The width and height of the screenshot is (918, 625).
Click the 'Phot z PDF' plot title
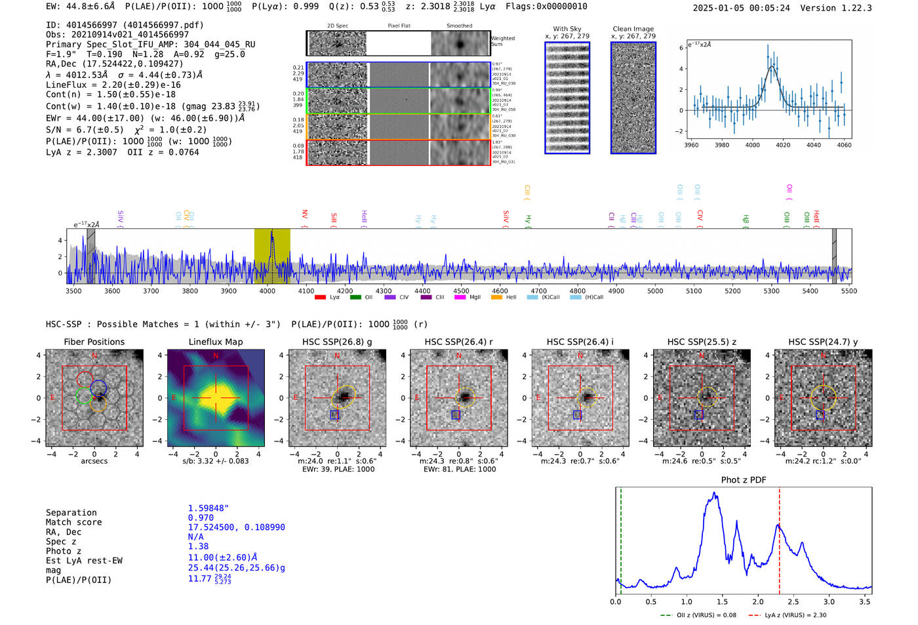point(744,479)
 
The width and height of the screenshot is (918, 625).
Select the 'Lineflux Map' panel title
point(216,342)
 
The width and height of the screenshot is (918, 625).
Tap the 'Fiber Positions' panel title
point(94,342)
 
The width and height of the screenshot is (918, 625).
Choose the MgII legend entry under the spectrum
point(468,297)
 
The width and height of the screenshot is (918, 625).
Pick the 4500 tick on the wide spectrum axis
point(461,291)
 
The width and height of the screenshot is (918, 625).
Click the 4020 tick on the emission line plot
point(783,145)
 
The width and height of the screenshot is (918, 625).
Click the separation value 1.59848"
point(208,508)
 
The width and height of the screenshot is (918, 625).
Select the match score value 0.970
point(201,517)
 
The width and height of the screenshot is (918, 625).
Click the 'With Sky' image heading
point(567,29)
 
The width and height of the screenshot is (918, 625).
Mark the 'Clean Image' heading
point(633,29)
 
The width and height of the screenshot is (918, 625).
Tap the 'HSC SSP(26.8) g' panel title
point(337,342)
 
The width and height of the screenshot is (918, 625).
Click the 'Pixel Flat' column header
point(399,26)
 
